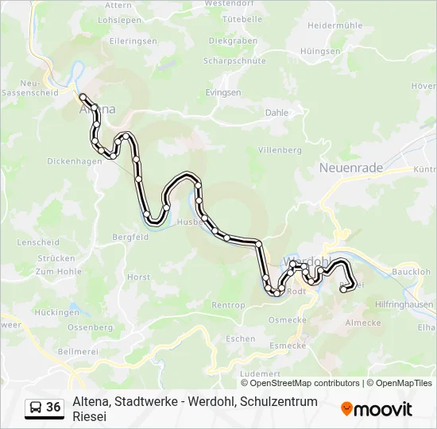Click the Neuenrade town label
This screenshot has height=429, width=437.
tap(350, 168)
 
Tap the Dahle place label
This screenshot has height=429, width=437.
tap(277, 113)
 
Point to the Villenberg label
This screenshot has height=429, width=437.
tap(280, 149)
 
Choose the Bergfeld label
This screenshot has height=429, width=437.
tap(130, 237)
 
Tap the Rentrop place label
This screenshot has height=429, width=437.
tap(228, 305)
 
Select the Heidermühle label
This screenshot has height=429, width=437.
tap(335, 25)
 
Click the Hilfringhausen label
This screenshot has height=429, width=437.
tap(405, 303)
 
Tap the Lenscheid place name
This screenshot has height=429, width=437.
tap(38, 242)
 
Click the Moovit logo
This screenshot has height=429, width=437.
tap(376, 408)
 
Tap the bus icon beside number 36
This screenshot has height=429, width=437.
tap(36, 408)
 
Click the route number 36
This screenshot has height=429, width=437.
tap(53, 408)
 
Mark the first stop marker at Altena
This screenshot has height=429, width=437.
tap(83, 96)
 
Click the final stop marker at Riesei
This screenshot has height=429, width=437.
tap(344, 290)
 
